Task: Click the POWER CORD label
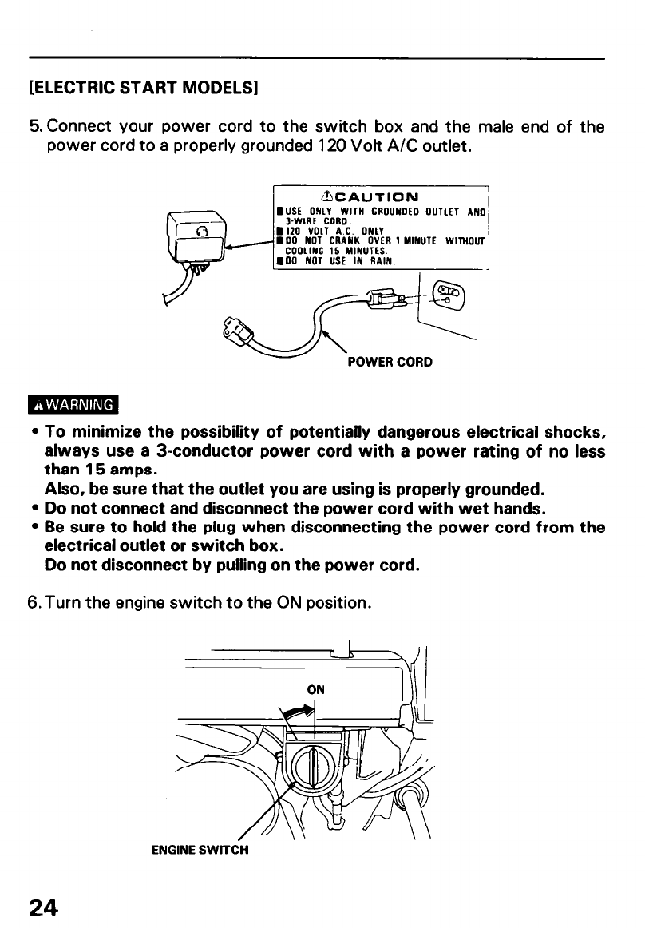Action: pyautogui.click(x=390, y=362)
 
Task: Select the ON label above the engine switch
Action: pyautogui.click(x=316, y=689)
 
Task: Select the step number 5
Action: pyautogui.click(x=34, y=126)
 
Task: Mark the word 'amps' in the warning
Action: pyautogui.click(x=121, y=470)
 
